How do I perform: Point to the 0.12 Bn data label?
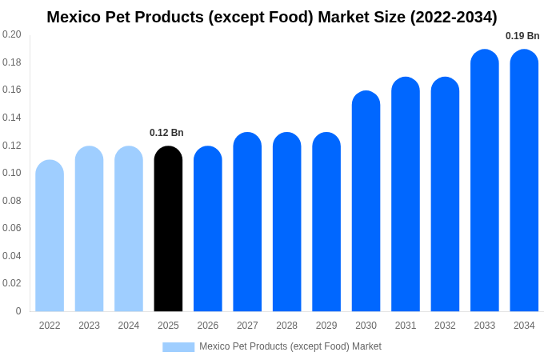click(166, 133)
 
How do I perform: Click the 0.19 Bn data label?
click(522, 36)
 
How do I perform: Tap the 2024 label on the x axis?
click(129, 326)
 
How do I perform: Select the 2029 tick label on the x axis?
click(326, 326)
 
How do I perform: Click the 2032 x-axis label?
click(445, 326)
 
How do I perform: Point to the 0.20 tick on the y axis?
click(12, 34)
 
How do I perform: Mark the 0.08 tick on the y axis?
click(12, 201)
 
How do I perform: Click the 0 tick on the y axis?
click(18, 311)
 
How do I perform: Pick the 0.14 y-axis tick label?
click(12, 118)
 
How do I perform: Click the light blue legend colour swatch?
click(178, 346)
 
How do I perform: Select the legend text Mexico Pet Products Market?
click(290, 346)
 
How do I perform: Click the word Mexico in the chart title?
click(73, 17)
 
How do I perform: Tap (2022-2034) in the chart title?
click(454, 17)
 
